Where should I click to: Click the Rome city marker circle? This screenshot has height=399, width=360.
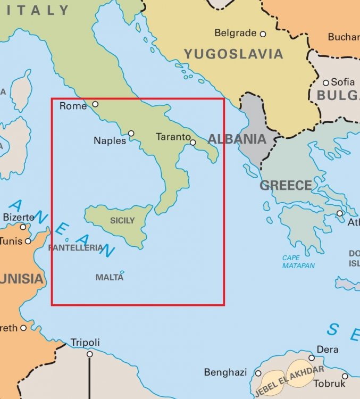pos(96,104)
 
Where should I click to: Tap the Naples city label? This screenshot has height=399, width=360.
pos(110,140)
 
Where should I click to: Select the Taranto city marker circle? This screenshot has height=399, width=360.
pos(192,142)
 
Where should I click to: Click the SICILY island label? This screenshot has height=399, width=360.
pos(122,220)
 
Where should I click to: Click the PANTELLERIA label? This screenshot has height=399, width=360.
pos(75,248)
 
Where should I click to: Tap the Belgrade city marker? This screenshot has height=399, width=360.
pos(262,34)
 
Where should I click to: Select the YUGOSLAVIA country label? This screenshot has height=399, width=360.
pos(233,54)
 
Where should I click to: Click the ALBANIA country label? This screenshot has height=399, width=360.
pos(237,139)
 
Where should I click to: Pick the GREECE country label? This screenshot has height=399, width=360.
pos(286,186)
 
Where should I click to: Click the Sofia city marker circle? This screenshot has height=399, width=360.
pos(326,82)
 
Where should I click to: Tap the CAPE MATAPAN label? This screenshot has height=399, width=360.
pos(298,262)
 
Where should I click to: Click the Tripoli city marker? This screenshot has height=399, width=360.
pos(90,354)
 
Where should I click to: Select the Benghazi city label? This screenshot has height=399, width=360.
pos(225,372)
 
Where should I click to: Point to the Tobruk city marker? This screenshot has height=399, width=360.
pos(345,376)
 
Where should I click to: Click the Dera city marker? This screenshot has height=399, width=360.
pos(312,358)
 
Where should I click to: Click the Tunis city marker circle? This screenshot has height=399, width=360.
pos(28,241)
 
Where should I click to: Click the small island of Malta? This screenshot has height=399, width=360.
pos(122,272)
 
